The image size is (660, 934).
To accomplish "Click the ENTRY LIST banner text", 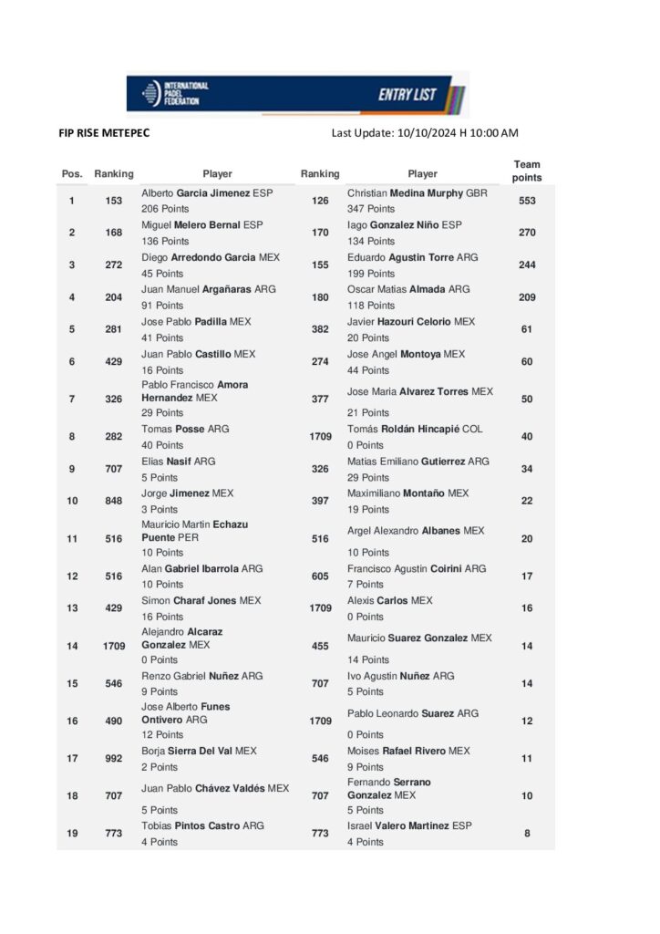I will coord(407,95).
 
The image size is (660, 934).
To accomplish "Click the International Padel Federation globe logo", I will coord(151,93).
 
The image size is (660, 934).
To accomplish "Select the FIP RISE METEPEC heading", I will coord(104,133).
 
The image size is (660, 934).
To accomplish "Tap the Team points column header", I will coord(527,171).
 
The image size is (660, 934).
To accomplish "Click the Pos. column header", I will coord(72,173).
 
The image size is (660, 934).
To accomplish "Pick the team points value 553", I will coord(527,201).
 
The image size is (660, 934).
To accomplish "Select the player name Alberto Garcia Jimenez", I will coord(207,193).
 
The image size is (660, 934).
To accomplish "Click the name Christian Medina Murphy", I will coord(418,193).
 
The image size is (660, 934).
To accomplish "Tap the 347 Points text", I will coord(370,209).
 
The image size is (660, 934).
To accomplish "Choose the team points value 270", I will coord(527,233).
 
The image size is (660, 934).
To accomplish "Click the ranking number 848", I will coord(113,501).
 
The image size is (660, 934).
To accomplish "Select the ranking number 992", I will coord(113,758).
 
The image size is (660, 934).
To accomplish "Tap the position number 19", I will coord(72,834).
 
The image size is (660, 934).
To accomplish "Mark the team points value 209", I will coord(527,297).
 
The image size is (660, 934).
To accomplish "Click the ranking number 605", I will coord(320,576).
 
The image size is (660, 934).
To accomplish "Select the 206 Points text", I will coord(165,209).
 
